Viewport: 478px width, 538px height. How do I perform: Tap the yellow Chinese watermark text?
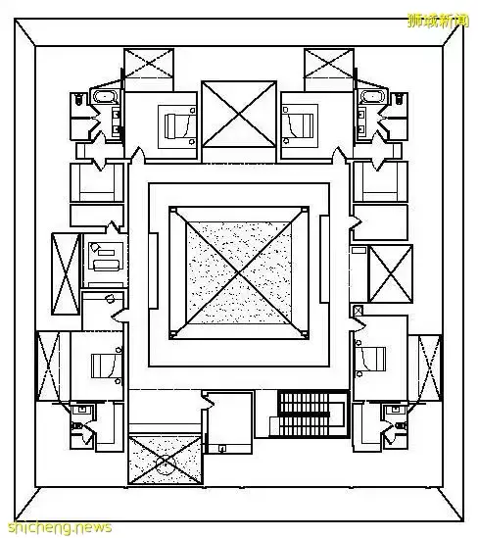[438, 21]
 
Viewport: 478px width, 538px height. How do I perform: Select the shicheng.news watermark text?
[60, 527]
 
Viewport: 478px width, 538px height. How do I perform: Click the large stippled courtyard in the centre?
[239, 272]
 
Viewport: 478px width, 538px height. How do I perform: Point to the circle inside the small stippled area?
[166, 465]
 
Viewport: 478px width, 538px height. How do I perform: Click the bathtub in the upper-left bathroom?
[105, 96]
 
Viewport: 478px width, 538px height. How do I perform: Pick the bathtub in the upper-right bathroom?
[373, 96]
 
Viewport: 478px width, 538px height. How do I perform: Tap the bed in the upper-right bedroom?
[301, 125]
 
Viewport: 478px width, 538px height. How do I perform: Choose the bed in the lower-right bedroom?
[373, 359]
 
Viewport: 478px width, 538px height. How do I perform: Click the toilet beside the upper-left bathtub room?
[78, 98]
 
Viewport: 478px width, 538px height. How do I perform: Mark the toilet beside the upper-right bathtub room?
[399, 98]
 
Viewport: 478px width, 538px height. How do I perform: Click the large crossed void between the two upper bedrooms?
[239, 115]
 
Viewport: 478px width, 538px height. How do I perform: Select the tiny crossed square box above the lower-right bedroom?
[358, 311]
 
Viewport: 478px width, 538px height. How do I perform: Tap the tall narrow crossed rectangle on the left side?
[66, 273]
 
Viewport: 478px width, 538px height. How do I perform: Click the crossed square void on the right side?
[390, 273]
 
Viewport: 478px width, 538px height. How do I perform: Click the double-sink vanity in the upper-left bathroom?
[117, 122]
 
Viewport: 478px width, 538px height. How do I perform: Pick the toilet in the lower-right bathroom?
[401, 426]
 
